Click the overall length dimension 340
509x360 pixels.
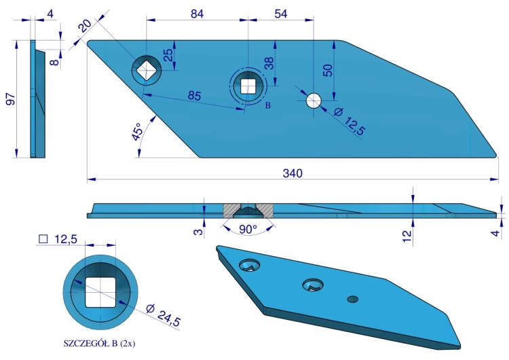click(x=293, y=173)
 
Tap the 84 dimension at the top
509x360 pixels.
click(x=197, y=14)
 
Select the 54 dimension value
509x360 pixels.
click(x=281, y=14)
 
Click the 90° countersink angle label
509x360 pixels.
click(x=248, y=230)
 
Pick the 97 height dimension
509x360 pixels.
click(x=10, y=99)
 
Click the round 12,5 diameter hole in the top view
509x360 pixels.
click(x=314, y=101)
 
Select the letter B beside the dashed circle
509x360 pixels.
click(x=268, y=105)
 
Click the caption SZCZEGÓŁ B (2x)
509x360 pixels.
click(x=99, y=344)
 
